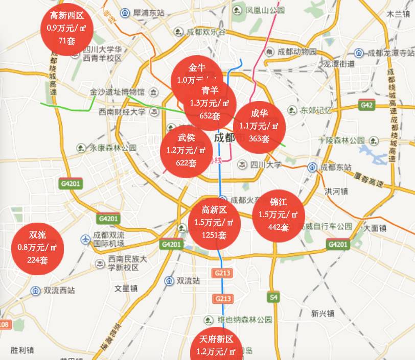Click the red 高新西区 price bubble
(x=67, y=28)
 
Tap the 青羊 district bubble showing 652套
(x=210, y=105)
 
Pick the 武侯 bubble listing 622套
(x=186, y=151)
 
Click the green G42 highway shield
(x=366, y=105)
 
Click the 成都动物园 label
(x=297, y=52)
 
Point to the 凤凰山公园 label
(x=265, y=10)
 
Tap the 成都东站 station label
(x=336, y=167)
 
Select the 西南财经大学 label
(x=122, y=111)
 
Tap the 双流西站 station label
(x=59, y=290)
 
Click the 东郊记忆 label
(x=316, y=110)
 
